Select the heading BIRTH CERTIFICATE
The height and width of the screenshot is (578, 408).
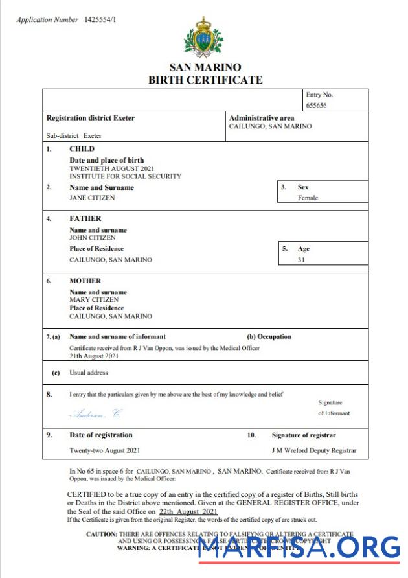pos(205,80)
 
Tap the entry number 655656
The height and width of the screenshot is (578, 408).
pos(317,104)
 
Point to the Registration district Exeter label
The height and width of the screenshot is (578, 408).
pos(91,118)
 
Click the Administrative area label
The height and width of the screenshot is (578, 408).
pos(262,118)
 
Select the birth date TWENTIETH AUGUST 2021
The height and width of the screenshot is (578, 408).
pos(111,168)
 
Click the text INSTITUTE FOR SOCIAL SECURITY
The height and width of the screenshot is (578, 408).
pos(125,176)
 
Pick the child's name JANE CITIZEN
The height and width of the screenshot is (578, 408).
pos(92,198)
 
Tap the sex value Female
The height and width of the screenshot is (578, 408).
pos(308,198)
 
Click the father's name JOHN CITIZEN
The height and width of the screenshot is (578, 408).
pos(93,237)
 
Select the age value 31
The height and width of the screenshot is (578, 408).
pos(301,259)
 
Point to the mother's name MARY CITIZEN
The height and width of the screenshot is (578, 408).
pos(94,300)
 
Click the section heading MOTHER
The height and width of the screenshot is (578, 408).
pos(85,281)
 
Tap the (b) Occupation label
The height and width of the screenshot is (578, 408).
pos(269,336)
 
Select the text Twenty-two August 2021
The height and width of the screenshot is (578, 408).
pos(104,450)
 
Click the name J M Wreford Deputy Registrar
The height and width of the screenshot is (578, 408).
pos(313,450)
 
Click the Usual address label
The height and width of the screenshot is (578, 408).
pos(89,373)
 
